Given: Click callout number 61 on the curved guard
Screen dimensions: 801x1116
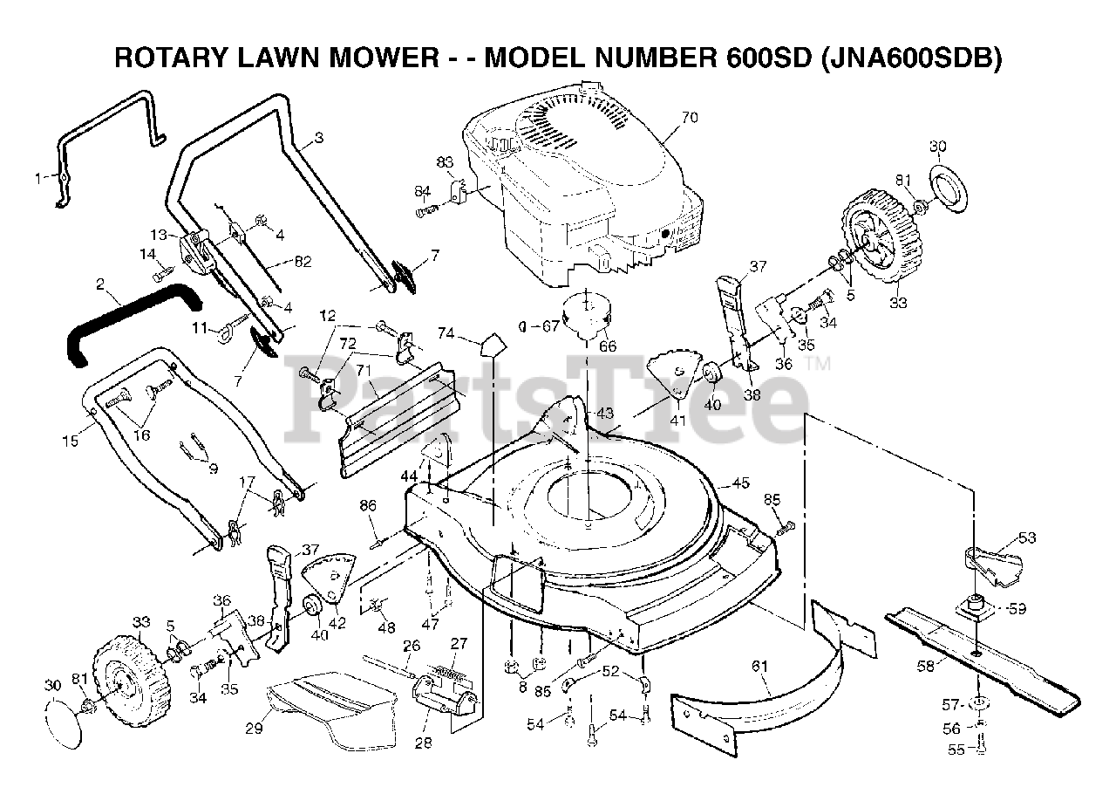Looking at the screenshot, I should coord(760,667).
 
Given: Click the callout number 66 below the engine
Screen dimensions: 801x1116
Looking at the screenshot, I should coord(608,346).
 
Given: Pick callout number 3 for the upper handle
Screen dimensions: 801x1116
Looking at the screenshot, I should coord(318,137).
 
